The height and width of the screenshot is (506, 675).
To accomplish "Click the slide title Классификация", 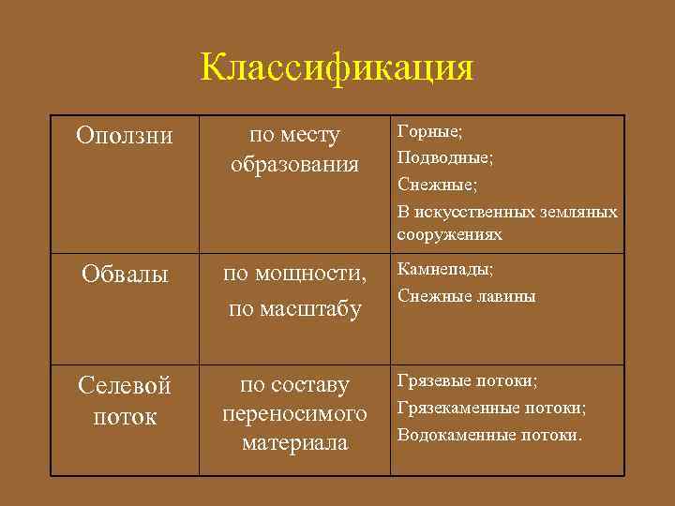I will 337,68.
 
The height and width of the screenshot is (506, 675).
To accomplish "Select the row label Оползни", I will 125,136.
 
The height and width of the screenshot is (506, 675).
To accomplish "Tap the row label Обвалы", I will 125,275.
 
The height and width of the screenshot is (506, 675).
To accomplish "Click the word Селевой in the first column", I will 125,386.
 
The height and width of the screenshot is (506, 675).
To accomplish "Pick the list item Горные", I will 429,131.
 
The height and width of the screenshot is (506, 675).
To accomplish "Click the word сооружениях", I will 449,234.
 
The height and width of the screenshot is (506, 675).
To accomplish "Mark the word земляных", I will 582,212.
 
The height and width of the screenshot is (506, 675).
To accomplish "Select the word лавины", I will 506,296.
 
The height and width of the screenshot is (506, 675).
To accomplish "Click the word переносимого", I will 295,413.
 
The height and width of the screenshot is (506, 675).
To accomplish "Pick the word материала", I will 295,441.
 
